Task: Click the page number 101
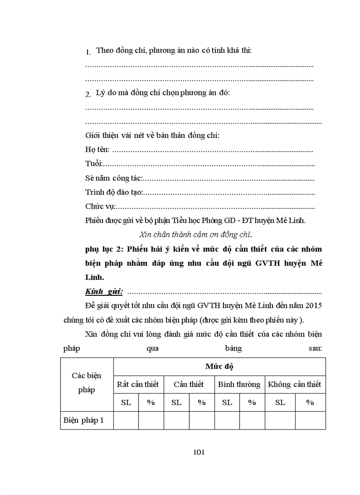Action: tap(199, 452)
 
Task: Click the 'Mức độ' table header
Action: tap(219, 366)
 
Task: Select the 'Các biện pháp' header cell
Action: tap(86, 383)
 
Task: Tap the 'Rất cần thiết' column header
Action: tap(138, 384)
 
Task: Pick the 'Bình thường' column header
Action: tap(239, 384)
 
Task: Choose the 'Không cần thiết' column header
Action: tap(294, 384)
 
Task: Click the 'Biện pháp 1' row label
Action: tap(84, 420)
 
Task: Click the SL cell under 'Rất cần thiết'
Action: tap(126, 402)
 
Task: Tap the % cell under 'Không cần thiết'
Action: tap(310, 402)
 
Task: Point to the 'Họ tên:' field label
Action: tap(97, 150)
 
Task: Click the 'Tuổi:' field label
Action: tap(94, 164)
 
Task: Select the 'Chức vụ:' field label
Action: tap(100, 206)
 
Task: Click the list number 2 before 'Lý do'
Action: tap(88, 94)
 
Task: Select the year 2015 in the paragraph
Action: tap(314, 305)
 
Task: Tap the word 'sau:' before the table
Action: tap(315, 348)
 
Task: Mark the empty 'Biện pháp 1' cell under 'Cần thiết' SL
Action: tap(176, 420)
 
